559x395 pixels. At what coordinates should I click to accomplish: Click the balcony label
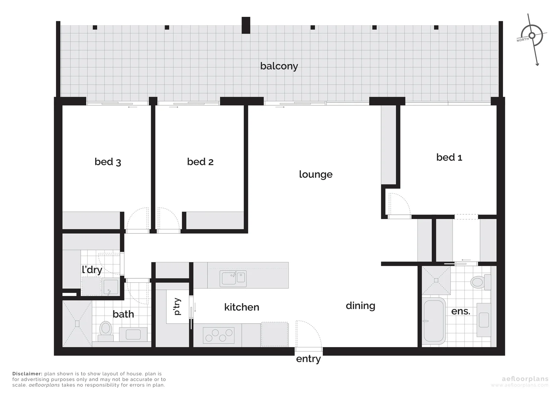[279, 66]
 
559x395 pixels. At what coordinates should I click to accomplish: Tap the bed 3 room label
[108, 162]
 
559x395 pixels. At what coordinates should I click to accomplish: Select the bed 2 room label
[200, 162]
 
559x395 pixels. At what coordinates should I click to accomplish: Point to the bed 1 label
[449, 157]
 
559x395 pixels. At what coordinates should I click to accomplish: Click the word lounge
[315, 174]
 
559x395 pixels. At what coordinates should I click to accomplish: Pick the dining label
[360, 306]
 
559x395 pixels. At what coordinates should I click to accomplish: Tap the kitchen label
[241, 307]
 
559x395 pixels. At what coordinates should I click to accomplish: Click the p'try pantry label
[177, 306]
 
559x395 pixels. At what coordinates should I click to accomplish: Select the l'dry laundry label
[92, 270]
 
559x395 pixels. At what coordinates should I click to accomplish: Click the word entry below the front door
[308, 359]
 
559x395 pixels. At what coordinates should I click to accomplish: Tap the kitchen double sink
[233, 279]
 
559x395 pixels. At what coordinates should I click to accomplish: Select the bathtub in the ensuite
[434, 321]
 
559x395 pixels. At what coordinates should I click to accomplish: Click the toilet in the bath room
[106, 330]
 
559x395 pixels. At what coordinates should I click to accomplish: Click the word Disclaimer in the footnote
[27, 374]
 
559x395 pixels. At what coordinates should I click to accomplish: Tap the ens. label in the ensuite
[461, 312]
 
